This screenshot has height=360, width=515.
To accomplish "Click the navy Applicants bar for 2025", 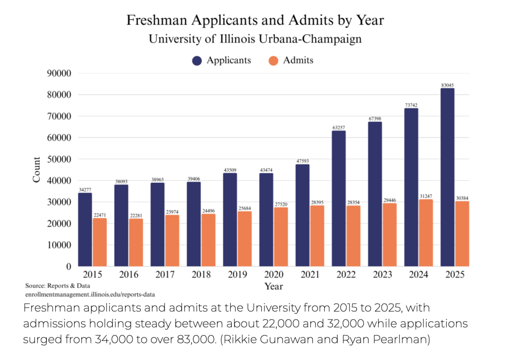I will [447, 177].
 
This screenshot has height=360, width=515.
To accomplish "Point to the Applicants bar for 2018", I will [194, 224].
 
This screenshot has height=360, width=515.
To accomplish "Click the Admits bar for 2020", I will [281, 237].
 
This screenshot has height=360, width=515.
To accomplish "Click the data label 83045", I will [447, 85].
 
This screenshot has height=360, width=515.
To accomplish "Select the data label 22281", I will [136, 215].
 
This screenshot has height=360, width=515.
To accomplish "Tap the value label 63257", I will [339, 127].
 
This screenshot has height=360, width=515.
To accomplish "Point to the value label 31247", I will [426, 196].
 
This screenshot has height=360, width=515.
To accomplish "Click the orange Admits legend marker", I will [273, 61].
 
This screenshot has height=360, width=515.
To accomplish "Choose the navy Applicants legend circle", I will [196, 61].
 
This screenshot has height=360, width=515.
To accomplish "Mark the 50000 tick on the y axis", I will [59, 159].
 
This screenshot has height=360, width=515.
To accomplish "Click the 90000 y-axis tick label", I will [59, 73].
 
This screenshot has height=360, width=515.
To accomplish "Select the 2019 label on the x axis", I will [237, 275].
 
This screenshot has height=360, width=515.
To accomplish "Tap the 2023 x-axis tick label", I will [382, 275].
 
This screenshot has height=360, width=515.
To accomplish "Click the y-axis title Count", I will [37, 169].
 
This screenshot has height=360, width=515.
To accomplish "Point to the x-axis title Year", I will [274, 286].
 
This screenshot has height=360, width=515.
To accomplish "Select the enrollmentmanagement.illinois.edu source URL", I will [90, 294].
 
